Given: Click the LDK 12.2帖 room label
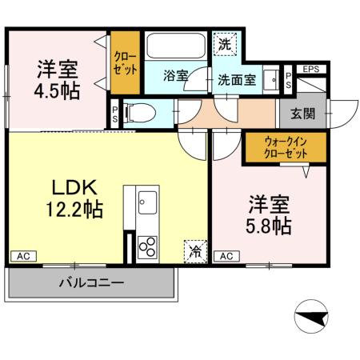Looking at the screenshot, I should coord(77,199).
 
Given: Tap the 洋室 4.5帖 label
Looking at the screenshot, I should coord(57,78).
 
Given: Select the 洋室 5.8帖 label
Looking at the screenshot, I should coord(269,214).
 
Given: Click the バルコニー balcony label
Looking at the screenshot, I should coord(91,283).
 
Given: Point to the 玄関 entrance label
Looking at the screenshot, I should coord(302,113).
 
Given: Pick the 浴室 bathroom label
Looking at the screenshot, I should coord(175,76).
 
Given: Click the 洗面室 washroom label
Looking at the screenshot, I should coord(237,80).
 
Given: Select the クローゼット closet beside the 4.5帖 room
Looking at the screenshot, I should coord(125,62).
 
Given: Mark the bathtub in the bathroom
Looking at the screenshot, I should coord(176,46).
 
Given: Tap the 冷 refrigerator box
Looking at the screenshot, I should coord(195,251).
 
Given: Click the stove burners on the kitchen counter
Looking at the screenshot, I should coord(148,246).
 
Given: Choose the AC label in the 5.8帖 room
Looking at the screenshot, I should coord(226,256).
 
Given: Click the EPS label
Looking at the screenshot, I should coord(311,70).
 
